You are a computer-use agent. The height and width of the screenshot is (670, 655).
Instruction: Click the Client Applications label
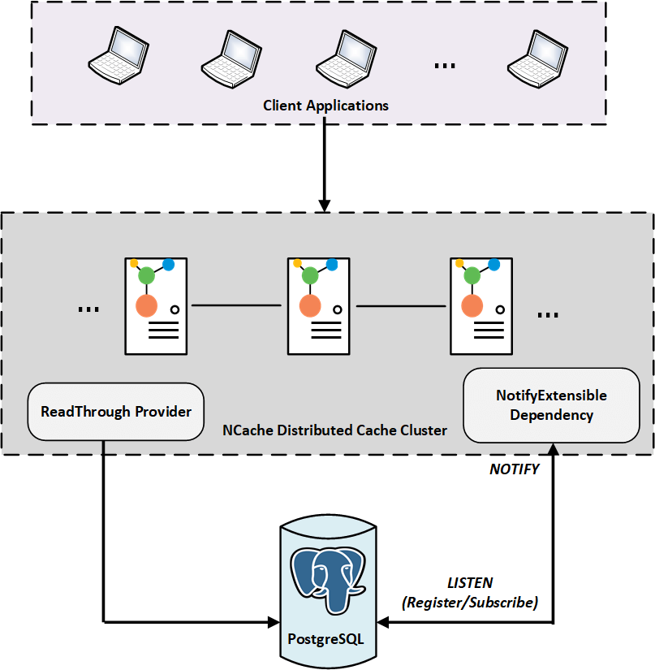click(325, 106)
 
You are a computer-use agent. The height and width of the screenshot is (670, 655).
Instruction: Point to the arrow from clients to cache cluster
click(325, 162)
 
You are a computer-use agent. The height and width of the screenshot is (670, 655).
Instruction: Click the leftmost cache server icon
click(155, 306)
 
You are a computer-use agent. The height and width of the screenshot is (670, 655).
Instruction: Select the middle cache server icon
click(318, 306)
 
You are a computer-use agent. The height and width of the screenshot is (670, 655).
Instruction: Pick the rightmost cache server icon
click(481, 306)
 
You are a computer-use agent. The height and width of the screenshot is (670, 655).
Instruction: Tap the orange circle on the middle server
click(308, 306)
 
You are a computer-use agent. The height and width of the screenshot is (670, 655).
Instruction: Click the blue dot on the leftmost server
click(169, 264)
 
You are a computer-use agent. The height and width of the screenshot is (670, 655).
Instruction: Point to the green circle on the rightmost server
click(472, 276)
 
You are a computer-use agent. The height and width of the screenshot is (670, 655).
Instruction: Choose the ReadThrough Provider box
click(115, 412)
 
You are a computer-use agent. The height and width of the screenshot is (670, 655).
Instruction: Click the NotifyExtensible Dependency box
click(551, 405)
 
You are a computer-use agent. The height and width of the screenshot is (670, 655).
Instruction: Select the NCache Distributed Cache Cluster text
click(334, 430)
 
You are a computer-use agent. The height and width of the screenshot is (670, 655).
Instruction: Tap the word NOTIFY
click(514, 469)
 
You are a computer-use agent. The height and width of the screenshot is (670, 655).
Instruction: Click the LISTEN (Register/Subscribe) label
click(470, 594)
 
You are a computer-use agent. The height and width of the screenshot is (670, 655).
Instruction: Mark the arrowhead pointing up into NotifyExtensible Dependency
click(553, 450)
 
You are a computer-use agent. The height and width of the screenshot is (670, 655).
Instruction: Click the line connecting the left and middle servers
click(237, 306)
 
